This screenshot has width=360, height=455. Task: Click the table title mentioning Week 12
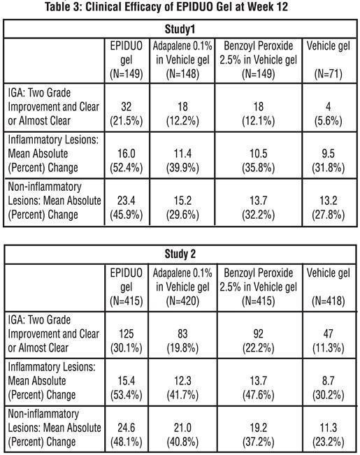(x=166, y=6)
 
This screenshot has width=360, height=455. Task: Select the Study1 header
(x=180, y=29)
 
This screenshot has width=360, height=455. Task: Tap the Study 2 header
(x=180, y=254)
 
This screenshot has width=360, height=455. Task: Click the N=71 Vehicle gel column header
(x=329, y=60)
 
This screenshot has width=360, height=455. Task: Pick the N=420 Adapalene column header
(x=182, y=287)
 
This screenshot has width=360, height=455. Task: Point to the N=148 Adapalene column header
(x=182, y=60)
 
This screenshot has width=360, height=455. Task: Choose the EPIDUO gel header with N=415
(x=127, y=287)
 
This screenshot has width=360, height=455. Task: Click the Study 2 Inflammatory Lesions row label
(x=52, y=381)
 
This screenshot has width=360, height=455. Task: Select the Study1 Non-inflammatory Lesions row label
(x=55, y=201)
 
